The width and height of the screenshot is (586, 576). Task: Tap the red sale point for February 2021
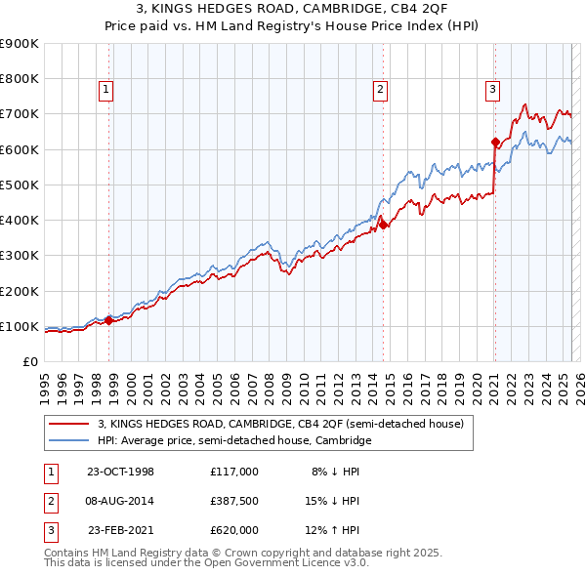(x=495, y=142)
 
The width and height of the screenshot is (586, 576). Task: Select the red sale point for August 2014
(x=383, y=225)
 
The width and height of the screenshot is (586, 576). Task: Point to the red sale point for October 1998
(x=109, y=319)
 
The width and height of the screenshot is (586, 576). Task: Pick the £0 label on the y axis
(x=29, y=361)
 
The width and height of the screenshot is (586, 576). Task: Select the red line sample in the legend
(x=70, y=425)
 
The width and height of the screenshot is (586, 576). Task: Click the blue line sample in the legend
(x=70, y=441)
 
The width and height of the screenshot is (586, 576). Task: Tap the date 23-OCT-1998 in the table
(x=121, y=471)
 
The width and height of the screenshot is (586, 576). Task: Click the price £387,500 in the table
(x=234, y=501)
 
